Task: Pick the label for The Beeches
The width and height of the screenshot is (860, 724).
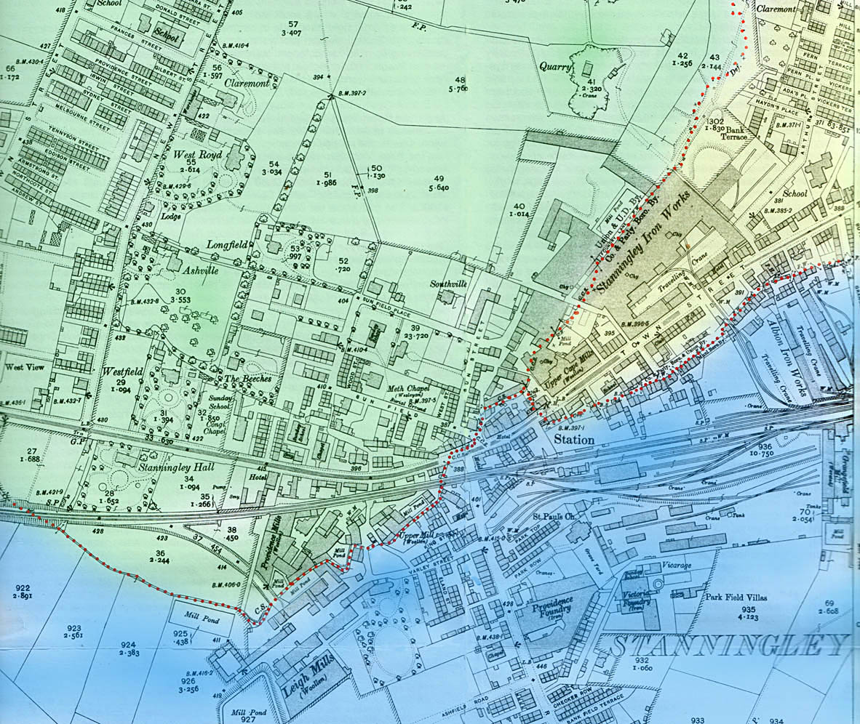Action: coord(247,379)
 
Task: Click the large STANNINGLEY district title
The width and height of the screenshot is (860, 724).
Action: coord(730,644)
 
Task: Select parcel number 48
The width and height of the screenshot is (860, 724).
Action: coord(459,80)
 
